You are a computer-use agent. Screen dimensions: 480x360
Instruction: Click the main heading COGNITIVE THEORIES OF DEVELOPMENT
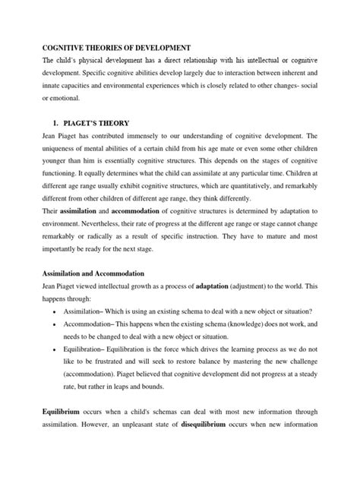(x=115, y=47)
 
